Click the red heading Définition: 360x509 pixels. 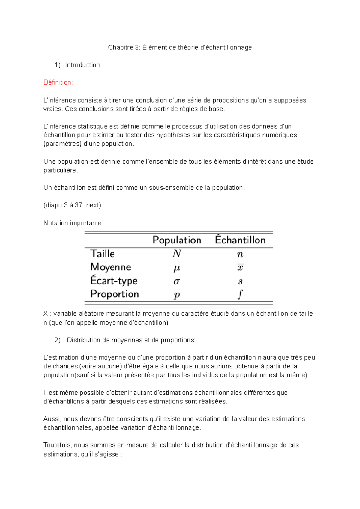[x=58, y=82]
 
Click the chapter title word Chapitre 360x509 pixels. [x=120, y=47]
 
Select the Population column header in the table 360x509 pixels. [x=177, y=240]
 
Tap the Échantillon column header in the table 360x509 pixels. [x=240, y=240]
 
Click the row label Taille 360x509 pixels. [x=103, y=254]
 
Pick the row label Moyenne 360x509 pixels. [x=111, y=267]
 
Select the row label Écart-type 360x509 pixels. [x=114, y=281]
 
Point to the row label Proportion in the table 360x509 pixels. [x=115, y=294]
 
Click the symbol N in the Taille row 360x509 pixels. [x=176, y=254]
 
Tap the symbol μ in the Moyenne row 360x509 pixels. [x=177, y=268]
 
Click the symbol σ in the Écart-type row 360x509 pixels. [x=177, y=281]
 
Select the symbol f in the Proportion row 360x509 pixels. [x=240, y=294]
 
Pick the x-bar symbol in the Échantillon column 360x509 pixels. [x=240, y=267]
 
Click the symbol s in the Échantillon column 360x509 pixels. [x=240, y=281]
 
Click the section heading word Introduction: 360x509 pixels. [x=83, y=65]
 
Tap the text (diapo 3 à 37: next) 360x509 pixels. [x=72, y=205]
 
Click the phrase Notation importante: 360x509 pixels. [x=73, y=223]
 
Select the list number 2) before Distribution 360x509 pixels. [x=58, y=340]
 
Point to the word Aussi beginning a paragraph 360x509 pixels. [x=52, y=419]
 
